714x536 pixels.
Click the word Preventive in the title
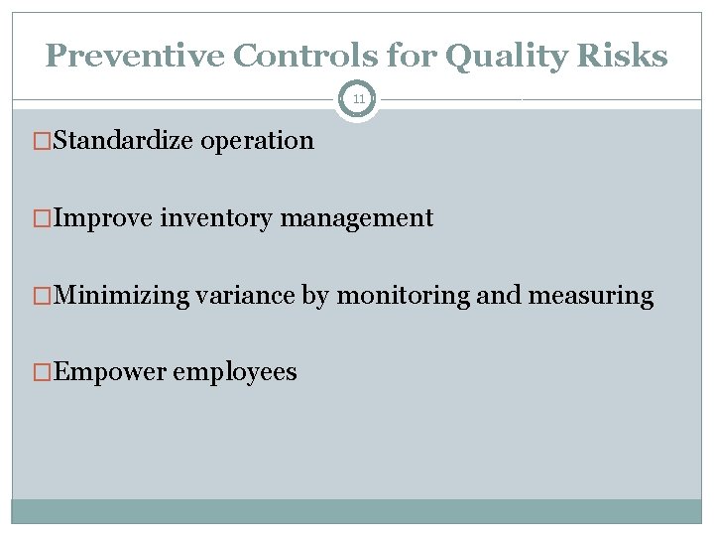point(135,57)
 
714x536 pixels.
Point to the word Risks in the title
point(624,57)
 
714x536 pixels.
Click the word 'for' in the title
point(413,57)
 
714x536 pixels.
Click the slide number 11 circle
point(357,99)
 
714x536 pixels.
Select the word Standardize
point(124,141)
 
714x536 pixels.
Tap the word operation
point(257,141)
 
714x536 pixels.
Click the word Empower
point(110,372)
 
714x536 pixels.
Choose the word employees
point(234,372)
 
